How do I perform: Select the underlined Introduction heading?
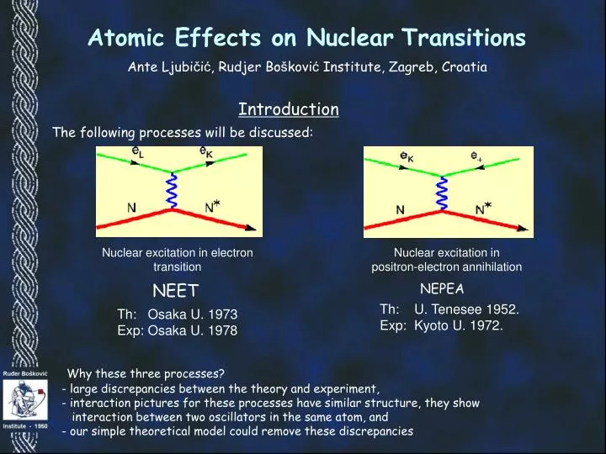[289, 109]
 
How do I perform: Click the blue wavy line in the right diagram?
[442, 192]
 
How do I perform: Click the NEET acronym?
[174, 292]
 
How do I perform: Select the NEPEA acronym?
[442, 288]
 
